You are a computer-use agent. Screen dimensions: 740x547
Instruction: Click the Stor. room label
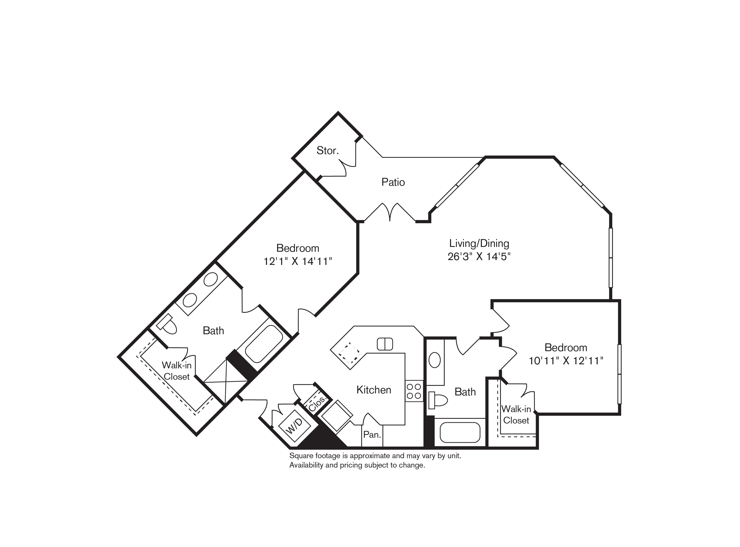click(327, 151)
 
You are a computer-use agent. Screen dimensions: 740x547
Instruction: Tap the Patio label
click(393, 182)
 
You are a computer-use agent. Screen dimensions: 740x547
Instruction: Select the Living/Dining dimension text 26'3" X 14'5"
click(479, 257)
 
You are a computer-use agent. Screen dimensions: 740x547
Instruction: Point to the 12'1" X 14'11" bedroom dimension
click(297, 262)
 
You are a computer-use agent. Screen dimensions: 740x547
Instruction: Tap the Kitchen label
click(374, 390)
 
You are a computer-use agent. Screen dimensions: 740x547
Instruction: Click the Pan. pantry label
click(372, 434)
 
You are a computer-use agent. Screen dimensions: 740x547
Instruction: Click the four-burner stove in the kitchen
click(414, 391)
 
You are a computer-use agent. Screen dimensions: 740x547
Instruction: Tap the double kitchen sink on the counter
click(385, 344)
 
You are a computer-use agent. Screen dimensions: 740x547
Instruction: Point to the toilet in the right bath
click(438, 400)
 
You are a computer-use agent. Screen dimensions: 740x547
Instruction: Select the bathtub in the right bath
click(460, 432)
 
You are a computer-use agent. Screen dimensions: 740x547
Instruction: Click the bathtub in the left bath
click(264, 344)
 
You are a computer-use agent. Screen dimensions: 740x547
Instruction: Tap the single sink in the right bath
click(434, 360)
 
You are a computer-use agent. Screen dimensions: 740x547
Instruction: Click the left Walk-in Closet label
click(177, 371)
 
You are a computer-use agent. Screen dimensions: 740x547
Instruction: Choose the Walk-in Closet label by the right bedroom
click(516, 415)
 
